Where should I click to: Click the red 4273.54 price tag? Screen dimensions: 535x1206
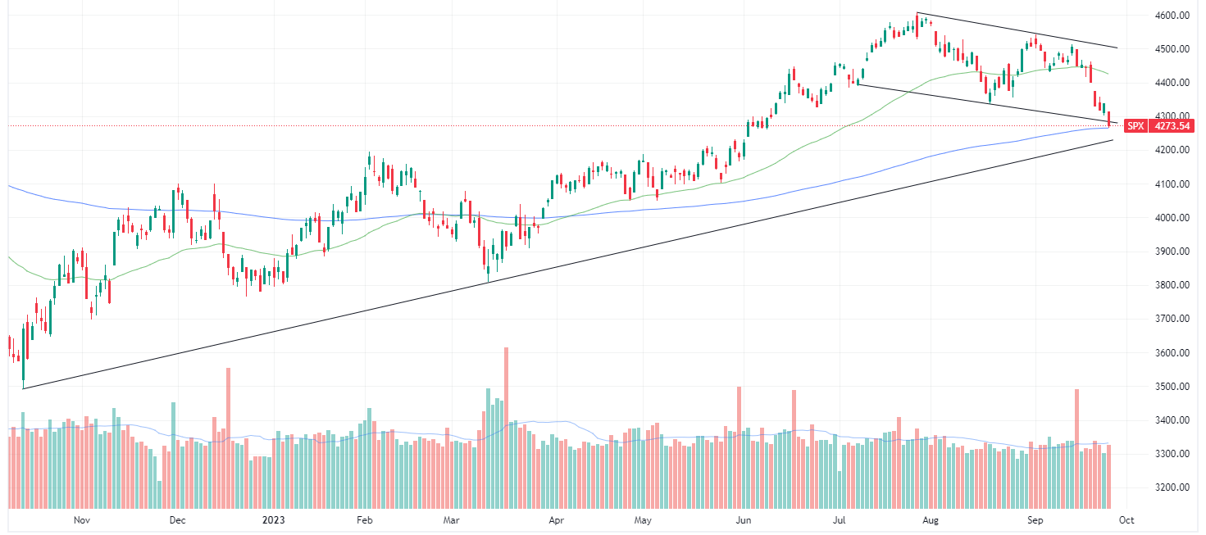[1172, 126]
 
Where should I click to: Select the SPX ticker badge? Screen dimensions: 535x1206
[1135, 126]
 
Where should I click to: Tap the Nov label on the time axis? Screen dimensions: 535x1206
[80, 519]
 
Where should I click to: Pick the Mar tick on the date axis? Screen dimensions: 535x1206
[450, 519]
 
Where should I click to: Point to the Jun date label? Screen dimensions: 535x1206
[743, 519]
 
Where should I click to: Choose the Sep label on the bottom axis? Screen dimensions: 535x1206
[1035, 519]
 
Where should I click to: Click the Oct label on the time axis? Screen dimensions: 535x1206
[1126, 519]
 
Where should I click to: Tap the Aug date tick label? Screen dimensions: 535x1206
[929, 519]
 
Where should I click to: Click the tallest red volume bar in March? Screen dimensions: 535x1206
[506, 426]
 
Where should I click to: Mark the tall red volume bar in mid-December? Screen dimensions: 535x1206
[228, 438]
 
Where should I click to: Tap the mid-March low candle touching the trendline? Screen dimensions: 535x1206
[488, 270]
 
